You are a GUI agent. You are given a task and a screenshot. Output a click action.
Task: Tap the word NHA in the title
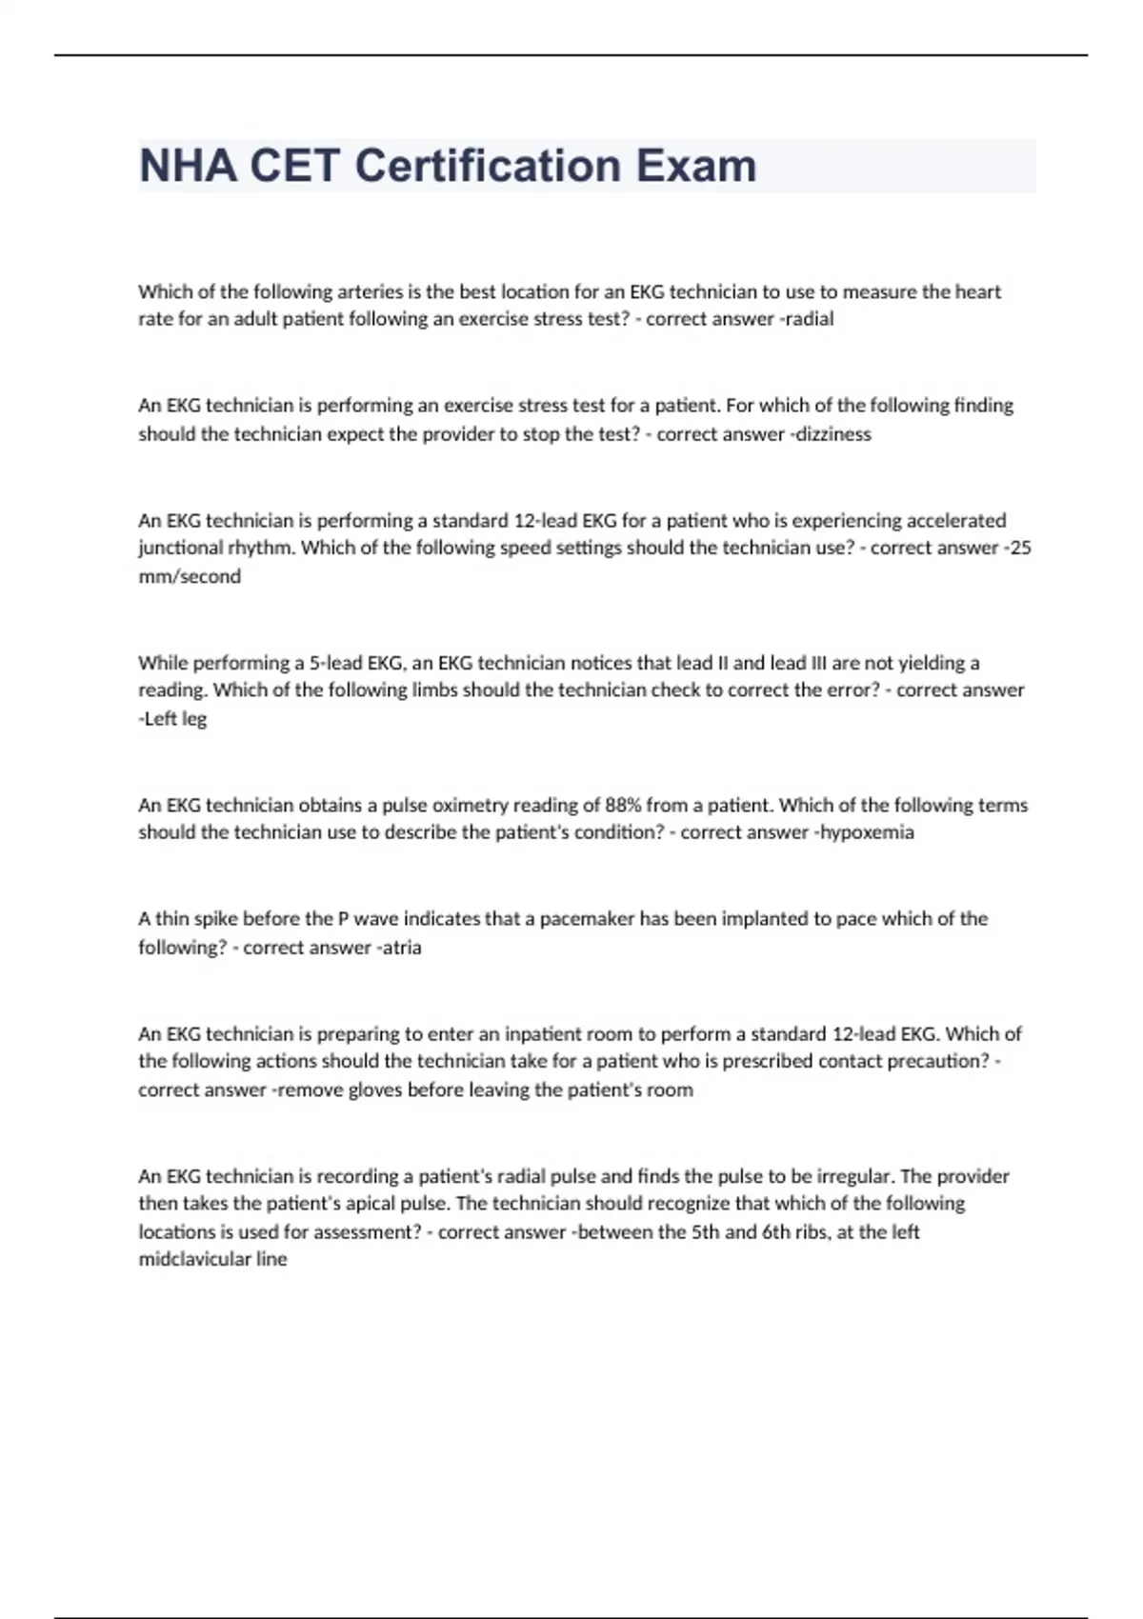click(188, 166)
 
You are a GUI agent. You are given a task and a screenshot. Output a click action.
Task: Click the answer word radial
click(809, 319)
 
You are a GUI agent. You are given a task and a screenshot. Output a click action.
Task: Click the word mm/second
click(190, 576)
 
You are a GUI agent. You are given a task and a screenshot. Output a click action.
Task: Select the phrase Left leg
click(174, 718)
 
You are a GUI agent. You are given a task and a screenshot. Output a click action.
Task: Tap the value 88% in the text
click(623, 805)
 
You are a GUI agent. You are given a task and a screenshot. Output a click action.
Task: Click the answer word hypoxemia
click(867, 832)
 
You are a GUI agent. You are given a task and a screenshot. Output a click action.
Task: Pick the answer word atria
click(401, 948)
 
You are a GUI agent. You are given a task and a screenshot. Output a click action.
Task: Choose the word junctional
click(182, 549)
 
